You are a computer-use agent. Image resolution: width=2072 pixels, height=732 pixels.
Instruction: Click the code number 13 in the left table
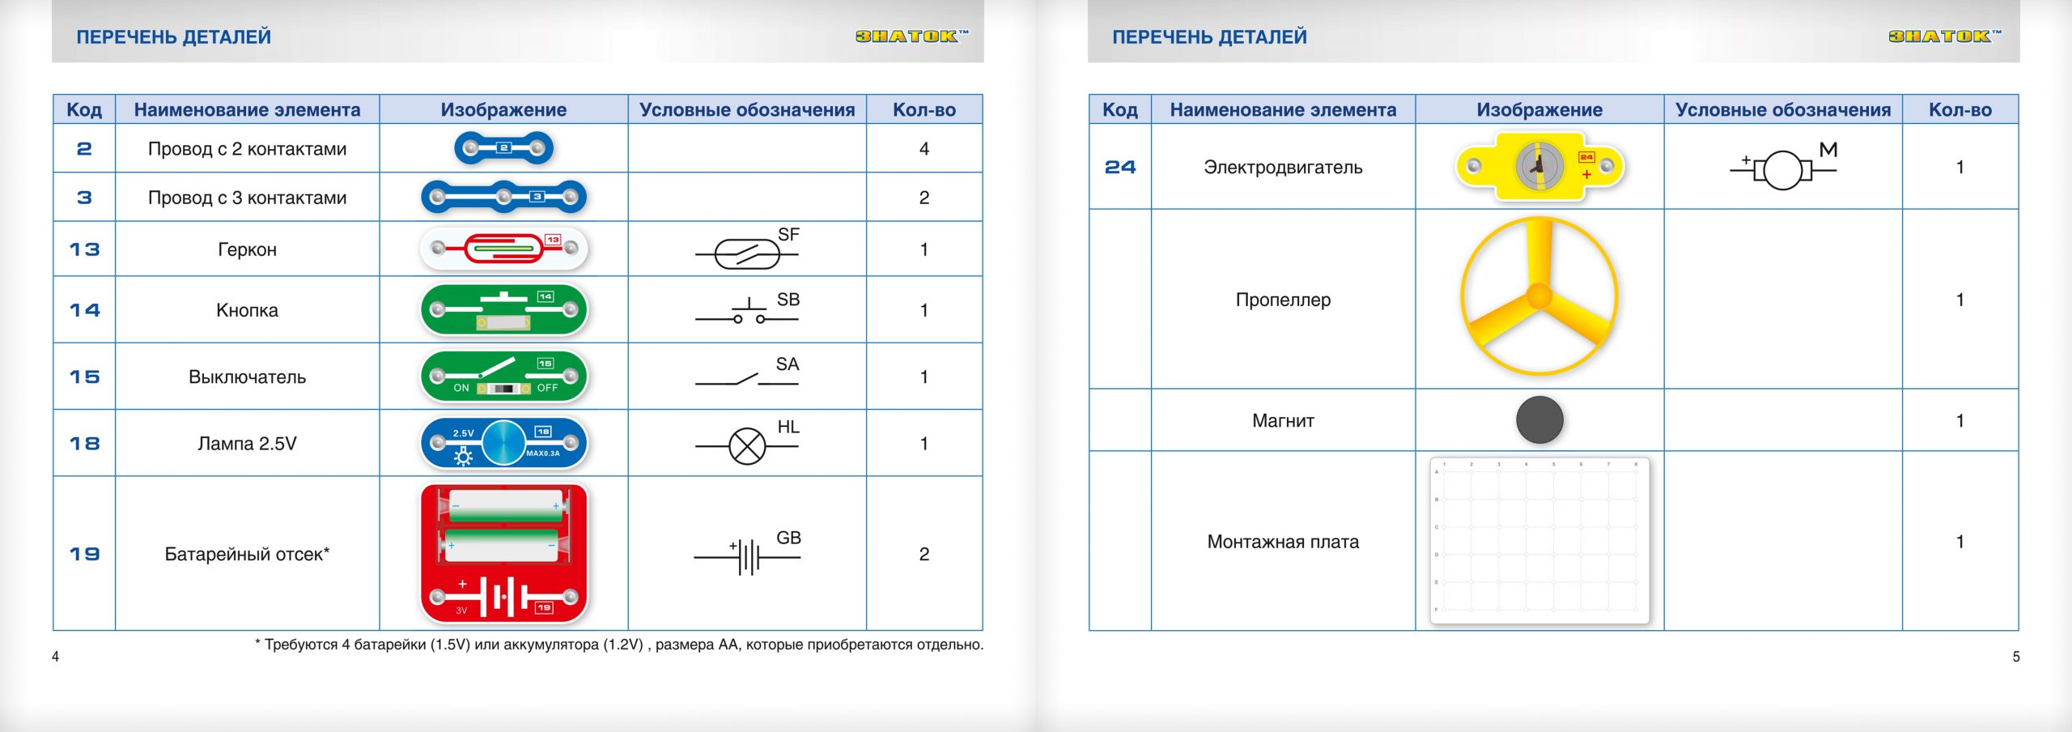[x=84, y=249]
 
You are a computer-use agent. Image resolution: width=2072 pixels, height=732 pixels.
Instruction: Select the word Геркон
[x=247, y=249]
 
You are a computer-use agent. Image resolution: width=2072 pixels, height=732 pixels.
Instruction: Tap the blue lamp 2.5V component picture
[x=503, y=443]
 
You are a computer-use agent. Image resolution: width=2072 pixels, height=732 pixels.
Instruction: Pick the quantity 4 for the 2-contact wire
[x=923, y=149]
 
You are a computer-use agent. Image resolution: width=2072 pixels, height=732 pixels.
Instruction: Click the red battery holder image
[x=503, y=553]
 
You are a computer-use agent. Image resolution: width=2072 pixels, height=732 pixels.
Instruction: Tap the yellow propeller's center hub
[x=1539, y=296]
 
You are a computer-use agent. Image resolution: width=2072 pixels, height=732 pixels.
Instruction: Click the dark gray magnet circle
[x=1539, y=420]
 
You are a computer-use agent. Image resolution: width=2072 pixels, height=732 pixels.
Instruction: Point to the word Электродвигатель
[x=1283, y=168]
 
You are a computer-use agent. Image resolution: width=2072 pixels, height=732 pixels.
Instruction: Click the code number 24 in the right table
[x=1120, y=168]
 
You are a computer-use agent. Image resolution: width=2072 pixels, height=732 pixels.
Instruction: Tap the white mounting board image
[x=1539, y=541]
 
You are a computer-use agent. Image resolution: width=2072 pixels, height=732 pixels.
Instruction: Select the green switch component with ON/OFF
[x=503, y=377]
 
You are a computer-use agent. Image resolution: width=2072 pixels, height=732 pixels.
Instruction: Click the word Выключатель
[x=247, y=377]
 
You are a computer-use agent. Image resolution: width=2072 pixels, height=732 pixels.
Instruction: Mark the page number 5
[x=2016, y=657]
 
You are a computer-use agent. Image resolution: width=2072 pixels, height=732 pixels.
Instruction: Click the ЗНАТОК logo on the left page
[x=911, y=36]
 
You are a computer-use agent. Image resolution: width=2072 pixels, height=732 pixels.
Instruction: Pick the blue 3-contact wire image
[x=503, y=197]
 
